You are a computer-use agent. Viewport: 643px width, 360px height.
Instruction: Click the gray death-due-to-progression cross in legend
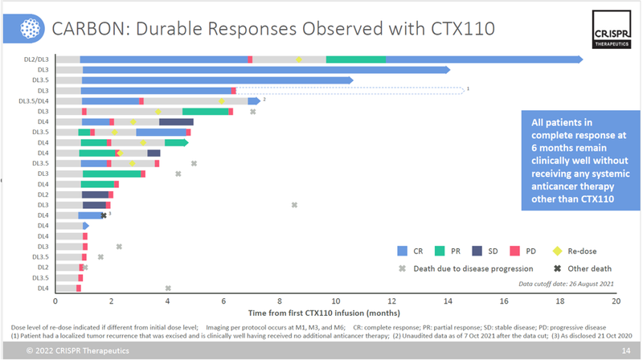(403, 268)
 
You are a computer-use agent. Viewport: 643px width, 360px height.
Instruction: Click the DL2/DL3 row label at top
(36, 59)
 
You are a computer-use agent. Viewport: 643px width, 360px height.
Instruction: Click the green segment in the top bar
(355, 59)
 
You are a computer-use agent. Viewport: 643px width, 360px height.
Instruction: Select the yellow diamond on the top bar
(299, 59)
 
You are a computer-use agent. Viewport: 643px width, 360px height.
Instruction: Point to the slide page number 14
(625, 351)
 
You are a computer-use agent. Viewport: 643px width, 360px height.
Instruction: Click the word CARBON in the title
(88, 29)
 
